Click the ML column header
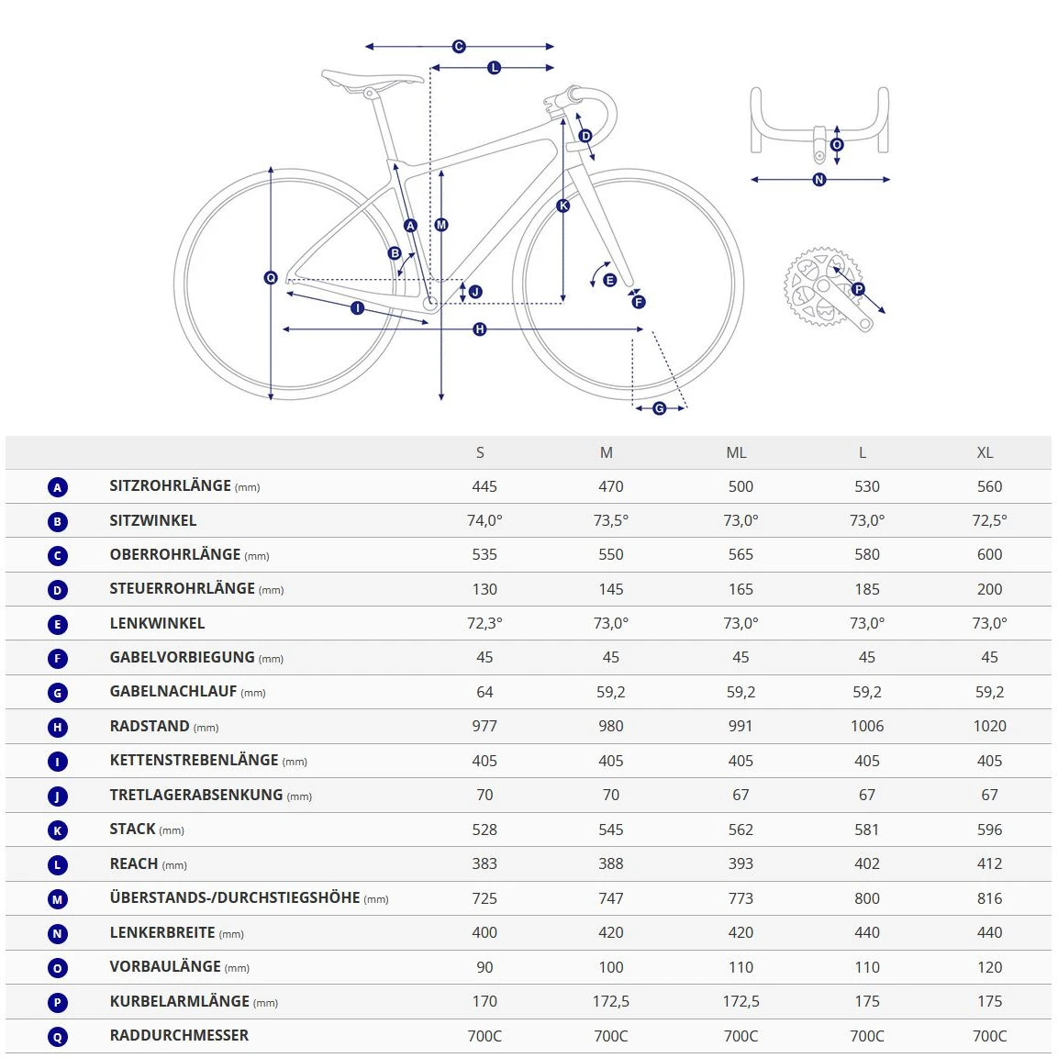pyautogui.click(x=736, y=452)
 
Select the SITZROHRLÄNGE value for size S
pyautogui.click(x=484, y=486)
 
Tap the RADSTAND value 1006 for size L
pyautogui.click(x=866, y=726)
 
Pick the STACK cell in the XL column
pyautogui.click(x=989, y=830)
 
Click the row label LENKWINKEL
pyautogui.click(x=157, y=623)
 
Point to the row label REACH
pyautogui.click(x=134, y=863)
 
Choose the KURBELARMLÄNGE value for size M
pyautogui.click(x=610, y=1001)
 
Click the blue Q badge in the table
pyautogui.click(x=58, y=1037)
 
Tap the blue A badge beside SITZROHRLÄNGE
pyautogui.click(x=58, y=487)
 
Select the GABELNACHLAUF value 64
pyautogui.click(x=484, y=692)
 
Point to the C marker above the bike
pyautogui.click(x=459, y=46)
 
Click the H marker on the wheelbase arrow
pyautogui.click(x=479, y=329)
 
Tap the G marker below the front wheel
pyautogui.click(x=659, y=408)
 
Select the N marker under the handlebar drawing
pyautogui.click(x=819, y=180)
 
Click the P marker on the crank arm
pyautogui.click(x=858, y=289)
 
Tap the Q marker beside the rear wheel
pyautogui.click(x=271, y=277)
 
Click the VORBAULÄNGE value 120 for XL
pyautogui.click(x=989, y=967)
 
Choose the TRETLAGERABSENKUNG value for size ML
pyautogui.click(x=740, y=795)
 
